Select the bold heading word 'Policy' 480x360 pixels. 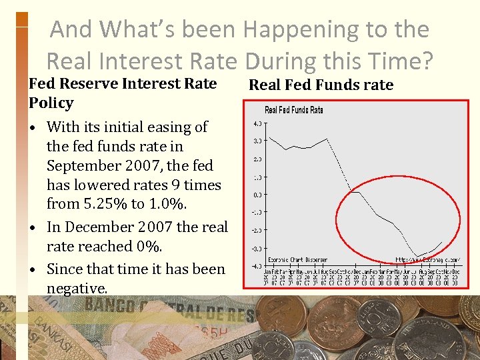coord(51,103)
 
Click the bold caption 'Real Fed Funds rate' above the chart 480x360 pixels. coord(321,85)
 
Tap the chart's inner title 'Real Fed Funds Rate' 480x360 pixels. coord(294,110)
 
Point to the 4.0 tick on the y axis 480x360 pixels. coord(257,123)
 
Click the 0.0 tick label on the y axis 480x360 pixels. coord(257,195)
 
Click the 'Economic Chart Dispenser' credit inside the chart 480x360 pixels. coord(297,259)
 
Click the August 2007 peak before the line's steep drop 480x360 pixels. coord(327,139)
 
